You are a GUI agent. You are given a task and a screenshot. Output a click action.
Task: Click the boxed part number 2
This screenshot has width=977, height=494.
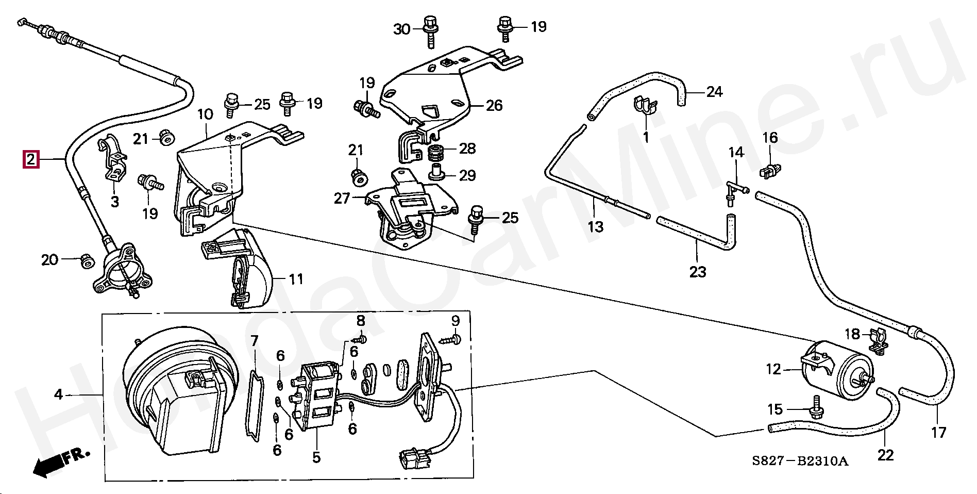click(x=31, y=159)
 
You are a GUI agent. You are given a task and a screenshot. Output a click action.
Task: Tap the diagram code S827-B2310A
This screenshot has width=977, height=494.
click(x=799, y=461)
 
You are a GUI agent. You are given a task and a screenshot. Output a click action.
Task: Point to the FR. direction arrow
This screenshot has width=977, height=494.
click(x=61, y=462)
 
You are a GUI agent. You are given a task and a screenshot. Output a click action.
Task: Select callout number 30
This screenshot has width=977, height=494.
click(x=402, y=29)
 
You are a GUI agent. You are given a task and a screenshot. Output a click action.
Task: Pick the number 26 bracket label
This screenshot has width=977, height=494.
click(x=494, y=105)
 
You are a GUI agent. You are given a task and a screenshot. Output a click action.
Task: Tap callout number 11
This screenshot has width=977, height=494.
click(x=296, y=279)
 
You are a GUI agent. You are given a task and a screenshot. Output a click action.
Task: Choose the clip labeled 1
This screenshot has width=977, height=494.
click(x=645, y=105)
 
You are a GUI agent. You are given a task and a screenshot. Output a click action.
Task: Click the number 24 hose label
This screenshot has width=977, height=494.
click(x=714, y=92)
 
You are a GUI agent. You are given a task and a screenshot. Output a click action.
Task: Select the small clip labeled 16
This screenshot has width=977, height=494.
click(x=770, y=170)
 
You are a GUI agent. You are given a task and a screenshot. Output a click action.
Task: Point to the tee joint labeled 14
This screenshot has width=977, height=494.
click(x=736, y=193)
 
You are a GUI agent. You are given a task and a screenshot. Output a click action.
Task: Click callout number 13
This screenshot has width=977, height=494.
click(x=595, y=226)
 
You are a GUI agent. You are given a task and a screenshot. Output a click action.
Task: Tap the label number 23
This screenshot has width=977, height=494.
click(x=698, y=272)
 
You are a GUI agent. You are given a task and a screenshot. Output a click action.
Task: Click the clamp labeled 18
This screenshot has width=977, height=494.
click(x=878, y=342)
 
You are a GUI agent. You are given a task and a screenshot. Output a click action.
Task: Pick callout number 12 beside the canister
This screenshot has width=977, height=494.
click(x=773, y=369)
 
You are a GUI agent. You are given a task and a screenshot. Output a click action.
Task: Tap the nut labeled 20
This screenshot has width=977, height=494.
click(x=87, y=261)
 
